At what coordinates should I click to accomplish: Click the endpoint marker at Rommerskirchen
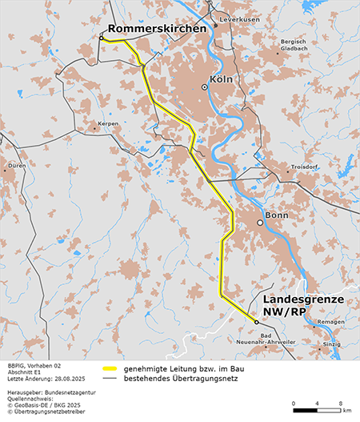pyautogui.click(x=102, y=37)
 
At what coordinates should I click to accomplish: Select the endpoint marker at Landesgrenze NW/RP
pyautogui.click(x=256, y=322)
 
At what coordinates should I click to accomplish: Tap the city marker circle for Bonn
pyautogui.click(x=259, y=223)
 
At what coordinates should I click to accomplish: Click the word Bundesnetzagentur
pyautogui.click(x=68, y=394)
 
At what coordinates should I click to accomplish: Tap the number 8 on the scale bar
pyautogui.click(x=342, y=401)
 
